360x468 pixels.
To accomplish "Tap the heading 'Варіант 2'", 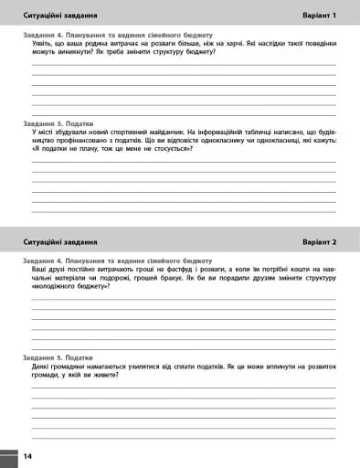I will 319,242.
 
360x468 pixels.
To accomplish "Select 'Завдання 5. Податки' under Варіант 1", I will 58,122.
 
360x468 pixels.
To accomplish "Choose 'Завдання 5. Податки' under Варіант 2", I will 58,356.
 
